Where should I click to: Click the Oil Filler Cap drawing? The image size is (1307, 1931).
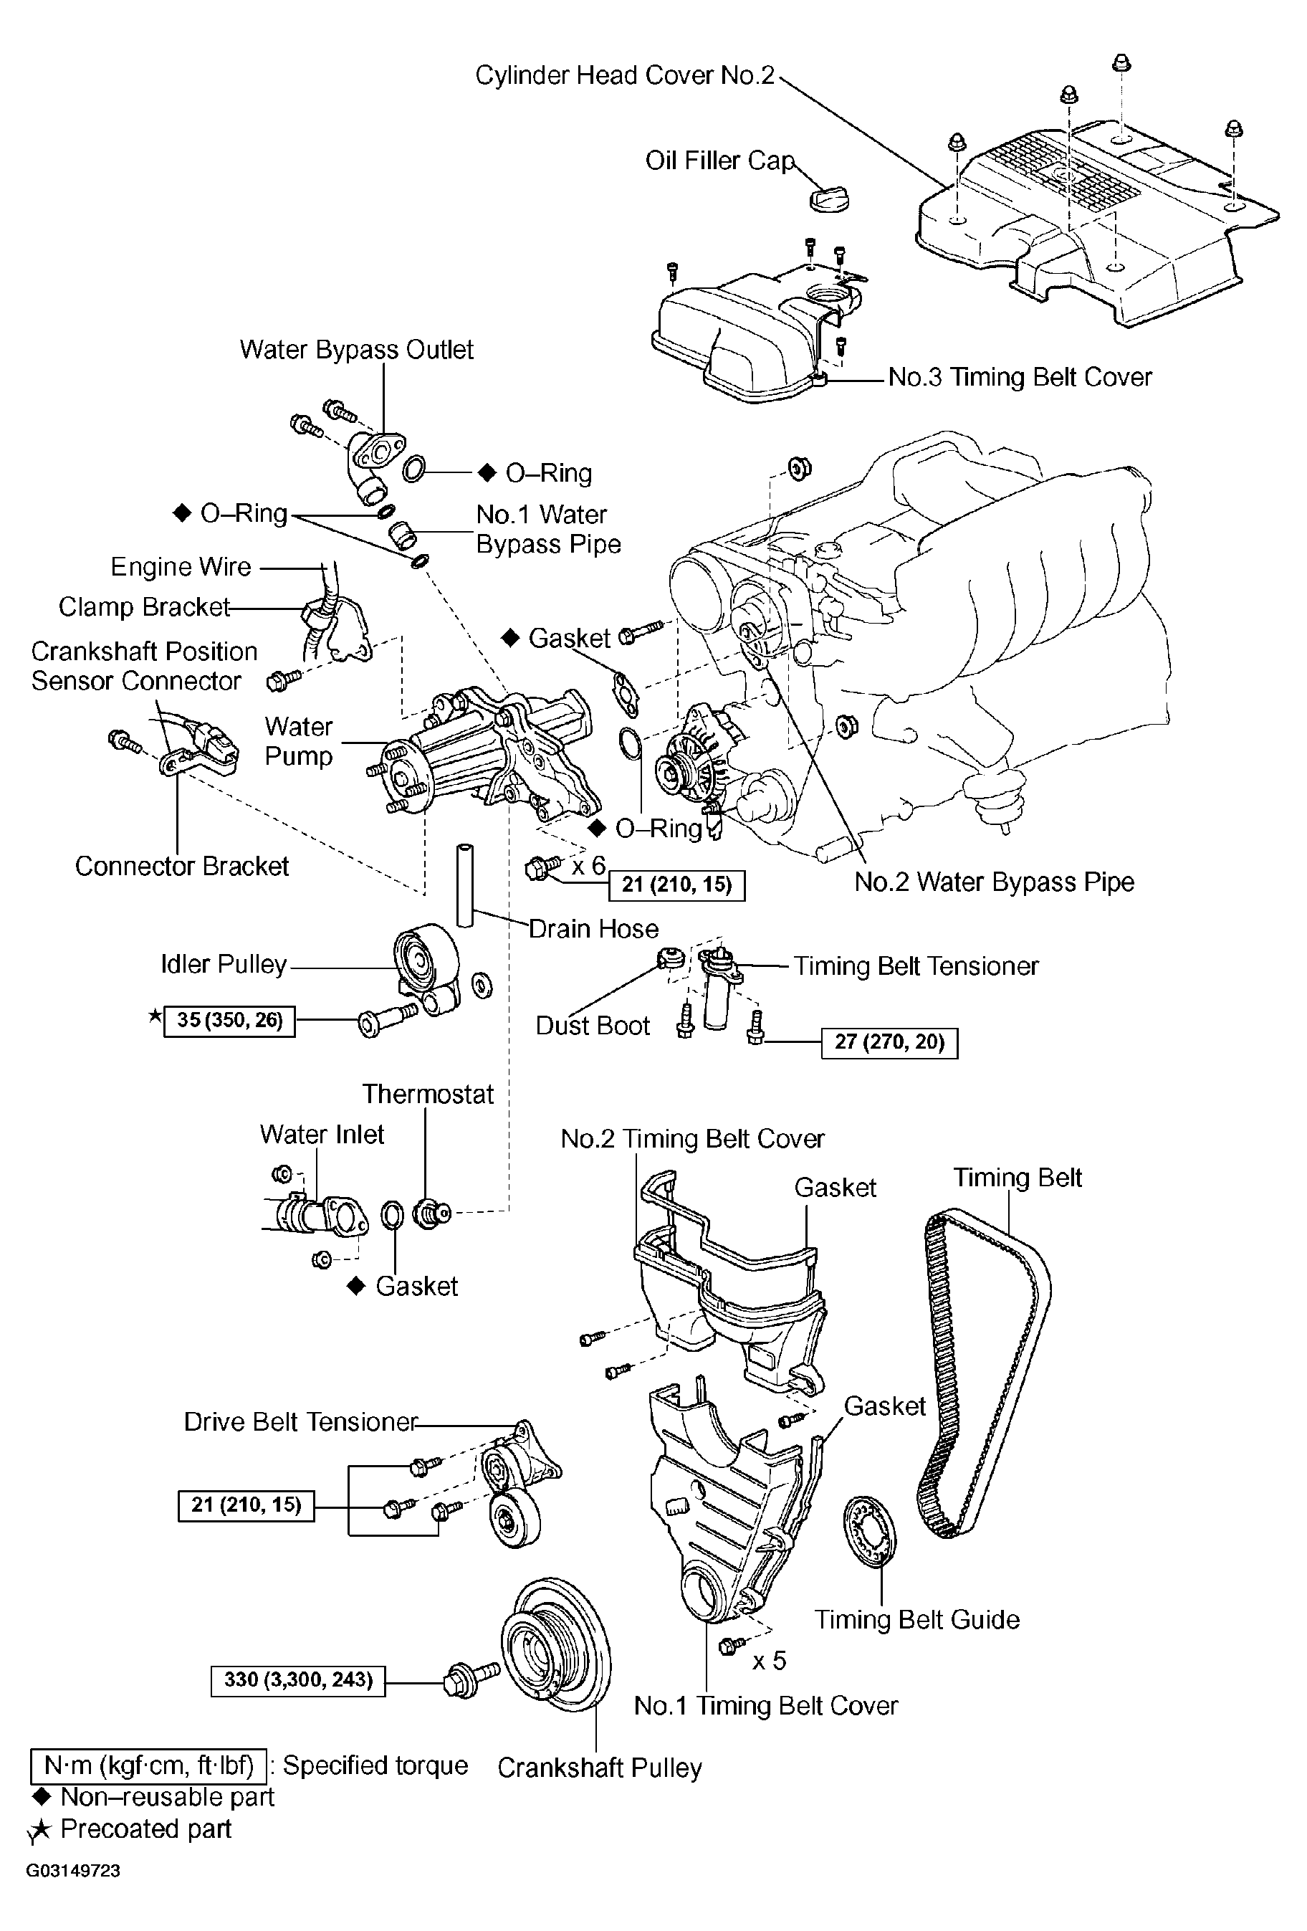tap(828, 198)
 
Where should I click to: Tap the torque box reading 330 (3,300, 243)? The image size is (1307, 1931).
tap(298, 1680)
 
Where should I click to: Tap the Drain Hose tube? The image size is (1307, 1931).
tap(464, 886)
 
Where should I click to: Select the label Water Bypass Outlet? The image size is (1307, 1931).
tap(356, 350)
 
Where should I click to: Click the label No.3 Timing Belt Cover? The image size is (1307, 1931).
tap(1020, 377)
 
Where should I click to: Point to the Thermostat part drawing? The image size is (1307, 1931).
tap(432, 1216)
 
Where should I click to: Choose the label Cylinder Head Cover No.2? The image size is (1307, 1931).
tap(625, 75)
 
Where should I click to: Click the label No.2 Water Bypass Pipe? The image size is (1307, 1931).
tap(995, 882)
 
